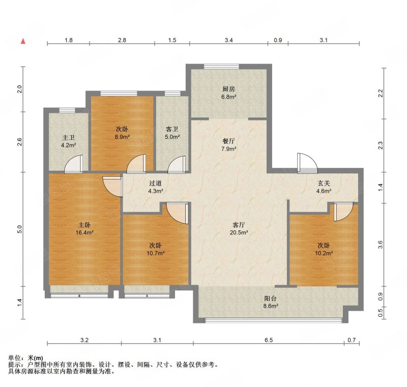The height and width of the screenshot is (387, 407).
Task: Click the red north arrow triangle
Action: [23, 41]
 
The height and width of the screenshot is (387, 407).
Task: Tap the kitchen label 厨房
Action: [228, 89]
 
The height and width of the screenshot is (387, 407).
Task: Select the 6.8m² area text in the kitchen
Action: [228, 97]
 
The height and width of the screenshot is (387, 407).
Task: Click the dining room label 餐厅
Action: [228, 141]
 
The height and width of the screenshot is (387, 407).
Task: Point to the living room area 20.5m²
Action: [239, 233]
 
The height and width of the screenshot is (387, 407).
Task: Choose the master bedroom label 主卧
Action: [84, 225]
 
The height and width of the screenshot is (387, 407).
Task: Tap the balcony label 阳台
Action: [271, 299]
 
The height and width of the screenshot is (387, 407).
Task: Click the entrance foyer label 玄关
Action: [324, 184]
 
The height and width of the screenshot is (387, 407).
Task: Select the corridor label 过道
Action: [156, 184]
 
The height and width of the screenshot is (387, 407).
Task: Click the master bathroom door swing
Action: [74, 164]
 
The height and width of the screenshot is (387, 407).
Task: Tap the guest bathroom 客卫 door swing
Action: [177, 164]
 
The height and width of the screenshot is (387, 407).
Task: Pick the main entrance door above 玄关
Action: [307, 163]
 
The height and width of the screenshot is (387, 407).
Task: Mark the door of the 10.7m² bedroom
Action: [177, 213]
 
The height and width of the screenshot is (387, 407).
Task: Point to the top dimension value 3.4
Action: [228, 40]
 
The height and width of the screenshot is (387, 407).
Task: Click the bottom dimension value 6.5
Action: [269, 340]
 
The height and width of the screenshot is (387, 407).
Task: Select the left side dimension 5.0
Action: [19, 229]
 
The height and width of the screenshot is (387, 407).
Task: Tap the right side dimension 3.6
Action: [380, 245]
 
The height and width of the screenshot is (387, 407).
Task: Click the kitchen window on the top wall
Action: [221, 67]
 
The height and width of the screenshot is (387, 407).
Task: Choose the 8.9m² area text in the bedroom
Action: [122, 137]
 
